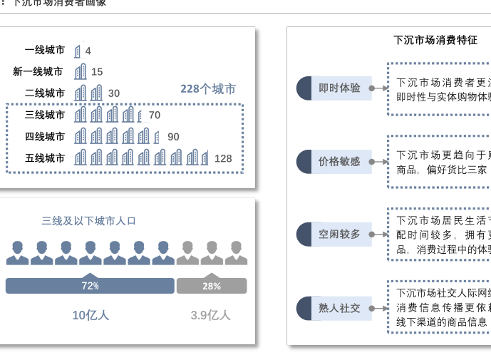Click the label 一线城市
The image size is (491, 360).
coord(45,50)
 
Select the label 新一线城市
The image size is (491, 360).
coord(38,71)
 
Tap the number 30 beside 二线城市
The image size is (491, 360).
coord(114,93)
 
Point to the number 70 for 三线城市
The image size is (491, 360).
coord(155,115)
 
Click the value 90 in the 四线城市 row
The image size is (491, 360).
coord(173,137)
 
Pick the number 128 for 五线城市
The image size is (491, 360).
coord(223,158)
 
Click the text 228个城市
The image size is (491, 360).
coord(207,89)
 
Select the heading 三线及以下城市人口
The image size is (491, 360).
coord(88,221)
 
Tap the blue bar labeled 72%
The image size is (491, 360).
coord(90,286)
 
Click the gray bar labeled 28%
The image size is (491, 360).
coord(212,286)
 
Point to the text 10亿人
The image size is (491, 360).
coord(91,315)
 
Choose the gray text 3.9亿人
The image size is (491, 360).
coord(211,315)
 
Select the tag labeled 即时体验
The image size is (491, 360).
coord(339,88)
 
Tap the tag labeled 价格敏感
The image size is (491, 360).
coord(339,162)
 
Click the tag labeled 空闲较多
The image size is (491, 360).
coord(339,235)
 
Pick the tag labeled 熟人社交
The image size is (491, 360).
coord(339,308)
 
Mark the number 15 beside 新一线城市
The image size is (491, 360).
coord(97,71)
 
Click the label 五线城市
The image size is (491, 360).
coord(45,158)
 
